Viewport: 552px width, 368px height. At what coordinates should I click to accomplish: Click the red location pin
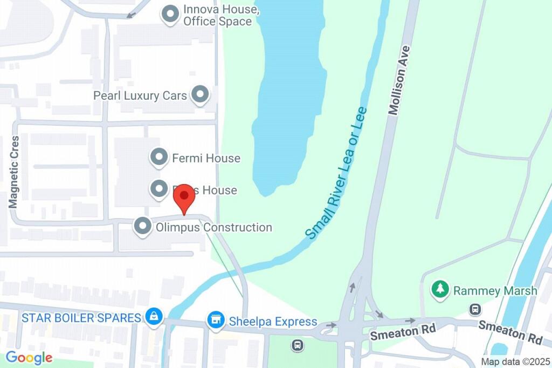(184, 197)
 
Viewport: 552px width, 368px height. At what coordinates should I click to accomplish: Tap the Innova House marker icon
(170, 15)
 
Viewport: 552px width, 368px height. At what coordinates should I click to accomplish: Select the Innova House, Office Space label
(217, 16)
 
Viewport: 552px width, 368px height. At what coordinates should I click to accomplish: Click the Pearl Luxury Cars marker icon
(201, 95)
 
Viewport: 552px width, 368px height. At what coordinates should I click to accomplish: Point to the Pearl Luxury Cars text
(140, 96)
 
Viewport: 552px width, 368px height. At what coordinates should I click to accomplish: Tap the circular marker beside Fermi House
(158, 158)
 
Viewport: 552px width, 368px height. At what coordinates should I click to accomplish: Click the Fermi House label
(206, 158)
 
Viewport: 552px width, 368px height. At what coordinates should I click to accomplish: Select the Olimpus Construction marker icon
(143, 227)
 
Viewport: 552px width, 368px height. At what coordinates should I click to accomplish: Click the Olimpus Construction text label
(213, 227)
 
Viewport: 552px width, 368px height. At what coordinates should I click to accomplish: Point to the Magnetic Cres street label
(15, 172)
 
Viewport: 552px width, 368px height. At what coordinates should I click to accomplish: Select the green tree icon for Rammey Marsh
(440, 289)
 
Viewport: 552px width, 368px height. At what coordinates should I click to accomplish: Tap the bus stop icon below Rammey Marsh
(475, 309)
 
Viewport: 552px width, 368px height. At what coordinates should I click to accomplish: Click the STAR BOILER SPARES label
(81, 317)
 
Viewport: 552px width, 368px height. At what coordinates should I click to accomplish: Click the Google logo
(29, 357)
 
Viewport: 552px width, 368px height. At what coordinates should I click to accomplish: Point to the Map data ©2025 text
(515, 361)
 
